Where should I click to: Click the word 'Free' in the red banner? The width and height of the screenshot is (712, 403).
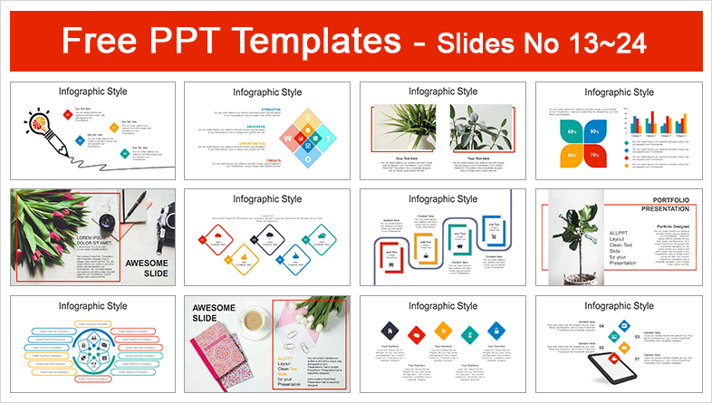pyautogui.click(x=94, y=41)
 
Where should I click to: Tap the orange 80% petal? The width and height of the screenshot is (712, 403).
pyautogui.click(x=572, y=155)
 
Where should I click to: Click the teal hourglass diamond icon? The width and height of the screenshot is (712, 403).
pyautogui.click(x=469, y=330)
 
